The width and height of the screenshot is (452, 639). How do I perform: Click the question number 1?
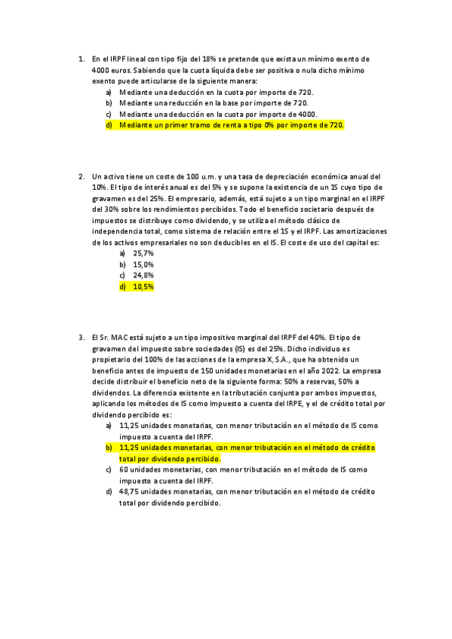click(81, 58)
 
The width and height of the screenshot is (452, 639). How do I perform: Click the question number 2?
click(81, 176)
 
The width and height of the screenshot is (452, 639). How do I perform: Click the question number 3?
click(81, 338)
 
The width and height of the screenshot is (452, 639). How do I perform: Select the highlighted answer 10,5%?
click(143, 287)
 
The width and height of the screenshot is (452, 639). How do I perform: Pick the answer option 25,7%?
click(143, 254)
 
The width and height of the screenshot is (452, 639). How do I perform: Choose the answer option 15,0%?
click(143, 265)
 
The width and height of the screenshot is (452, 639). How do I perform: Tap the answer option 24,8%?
click(143, 276)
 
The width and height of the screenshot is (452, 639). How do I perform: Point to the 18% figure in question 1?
click(198, 58)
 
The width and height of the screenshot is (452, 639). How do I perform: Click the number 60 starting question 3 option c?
click(125, 469)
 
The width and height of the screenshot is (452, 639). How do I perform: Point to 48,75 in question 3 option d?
click(129, 491)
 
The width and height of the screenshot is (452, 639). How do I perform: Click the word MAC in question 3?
click(121, 338)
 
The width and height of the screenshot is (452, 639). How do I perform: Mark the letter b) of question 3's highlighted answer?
click(109, 448)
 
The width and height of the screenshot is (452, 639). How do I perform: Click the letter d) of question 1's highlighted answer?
click(109, 125)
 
